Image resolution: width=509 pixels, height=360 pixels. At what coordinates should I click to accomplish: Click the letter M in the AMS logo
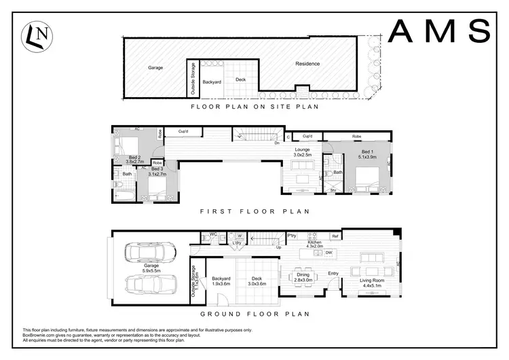(x=439, y=31)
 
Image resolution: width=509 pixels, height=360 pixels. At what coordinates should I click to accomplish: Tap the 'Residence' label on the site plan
(x=307, y=64)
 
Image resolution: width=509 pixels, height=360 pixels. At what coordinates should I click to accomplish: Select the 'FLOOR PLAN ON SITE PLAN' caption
(x=255, y=107)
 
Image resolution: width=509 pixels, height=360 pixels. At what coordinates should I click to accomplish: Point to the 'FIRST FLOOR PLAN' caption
(x=254, y=212)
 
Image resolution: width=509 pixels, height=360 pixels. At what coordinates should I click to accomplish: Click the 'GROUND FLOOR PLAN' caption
(x=254, y=314)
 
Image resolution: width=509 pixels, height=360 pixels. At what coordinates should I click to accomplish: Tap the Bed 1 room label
(x=367, y=151)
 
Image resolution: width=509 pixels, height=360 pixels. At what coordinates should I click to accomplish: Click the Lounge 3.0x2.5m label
(x=303, y=152)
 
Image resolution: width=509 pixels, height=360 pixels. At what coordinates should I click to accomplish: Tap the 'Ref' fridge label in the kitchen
(x=335, y=236)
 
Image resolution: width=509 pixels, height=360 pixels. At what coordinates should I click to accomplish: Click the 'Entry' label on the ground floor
(x=333, y=274)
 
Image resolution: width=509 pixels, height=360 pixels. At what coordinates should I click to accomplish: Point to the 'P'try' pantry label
(x=293, y=236)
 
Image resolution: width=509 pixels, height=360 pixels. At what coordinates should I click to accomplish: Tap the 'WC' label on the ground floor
(x=213, y=235)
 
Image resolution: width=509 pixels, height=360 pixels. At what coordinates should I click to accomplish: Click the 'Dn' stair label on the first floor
(x=277, y=143)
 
